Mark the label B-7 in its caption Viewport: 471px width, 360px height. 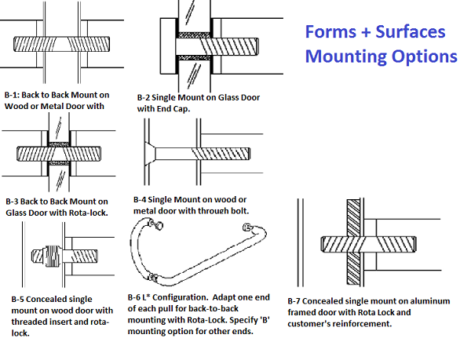[x=297, y=300]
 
